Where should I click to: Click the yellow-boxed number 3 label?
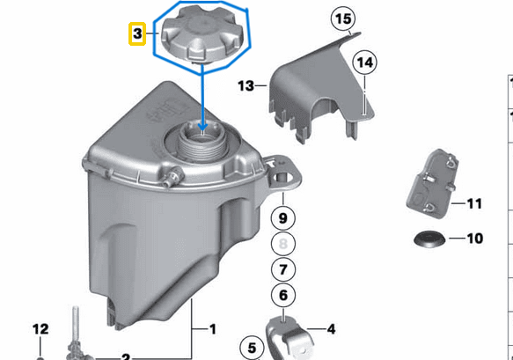click(x=136, y=34)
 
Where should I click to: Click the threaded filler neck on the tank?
click(x=204, y=142)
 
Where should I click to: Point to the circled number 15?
click(x=342, y=18)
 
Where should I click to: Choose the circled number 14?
click(x=364, y=62)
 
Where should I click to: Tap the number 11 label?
click(x=474, y=204)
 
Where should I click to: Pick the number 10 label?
click(x=474, y=239)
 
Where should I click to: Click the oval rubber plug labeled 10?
click(x=429, y=238)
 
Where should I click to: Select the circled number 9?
click(x=282, y=217)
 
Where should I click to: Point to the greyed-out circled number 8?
click(x=282, y=243)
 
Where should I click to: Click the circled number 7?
click(x=282, y=269)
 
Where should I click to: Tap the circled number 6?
click(x=282, y=298)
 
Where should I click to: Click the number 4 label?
click(x=331, y=330)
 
